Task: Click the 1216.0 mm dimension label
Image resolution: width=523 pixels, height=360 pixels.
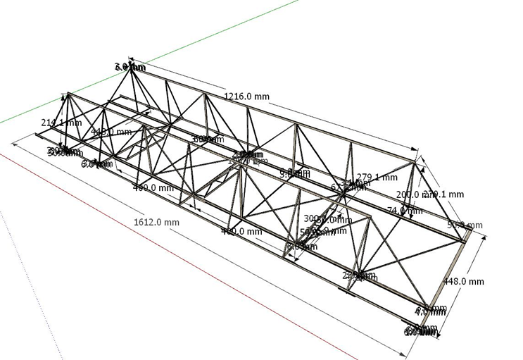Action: point(246,96)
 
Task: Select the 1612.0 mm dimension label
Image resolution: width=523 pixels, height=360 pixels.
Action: point(156,222)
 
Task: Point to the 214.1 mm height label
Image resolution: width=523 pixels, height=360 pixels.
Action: point(61,123)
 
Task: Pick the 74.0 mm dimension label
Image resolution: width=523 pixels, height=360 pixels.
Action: point(404,210)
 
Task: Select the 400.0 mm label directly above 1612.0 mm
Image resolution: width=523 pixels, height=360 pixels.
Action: point(153,187)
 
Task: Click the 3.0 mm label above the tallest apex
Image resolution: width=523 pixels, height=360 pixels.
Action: point(130,67)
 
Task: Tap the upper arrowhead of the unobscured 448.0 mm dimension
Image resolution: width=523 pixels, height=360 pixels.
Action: point(484,238)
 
